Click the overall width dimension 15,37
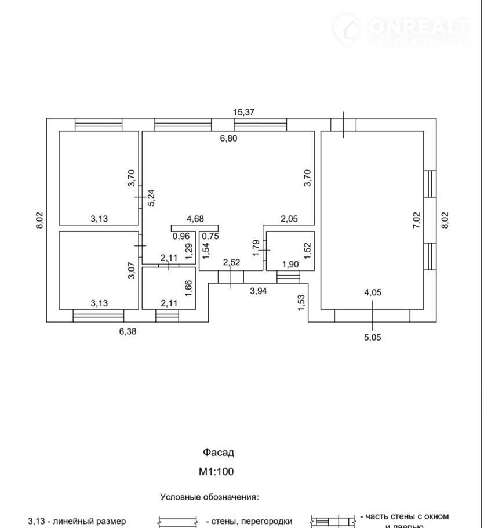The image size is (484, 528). click(x=243, y=113)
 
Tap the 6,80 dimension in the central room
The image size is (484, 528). click(x=228, y=138)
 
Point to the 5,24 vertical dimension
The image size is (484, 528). click(x=151, y=198)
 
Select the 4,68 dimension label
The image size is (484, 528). click(x=195, y=219)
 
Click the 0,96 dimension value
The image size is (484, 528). click(x=181, y=236)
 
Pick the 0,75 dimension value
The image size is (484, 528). click(x=210, y=236)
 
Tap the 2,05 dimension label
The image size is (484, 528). click(x=289, y=219)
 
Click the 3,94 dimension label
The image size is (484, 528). click(x=258, y=291)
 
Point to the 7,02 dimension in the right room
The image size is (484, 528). click(x=417, y=222)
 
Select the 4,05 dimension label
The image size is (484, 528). click(x=372, y=292)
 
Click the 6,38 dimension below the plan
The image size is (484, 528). click(x=129, y=331)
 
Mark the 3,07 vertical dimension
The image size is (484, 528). click(x=131, y=272)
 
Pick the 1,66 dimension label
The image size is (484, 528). click(x=188, y=288)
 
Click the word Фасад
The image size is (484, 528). click(x=218, y=453)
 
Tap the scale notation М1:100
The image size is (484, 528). click(x=216, y=472)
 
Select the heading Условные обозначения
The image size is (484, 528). click(x=209, y=497)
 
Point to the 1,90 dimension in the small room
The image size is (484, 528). click(x=290, y=265)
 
